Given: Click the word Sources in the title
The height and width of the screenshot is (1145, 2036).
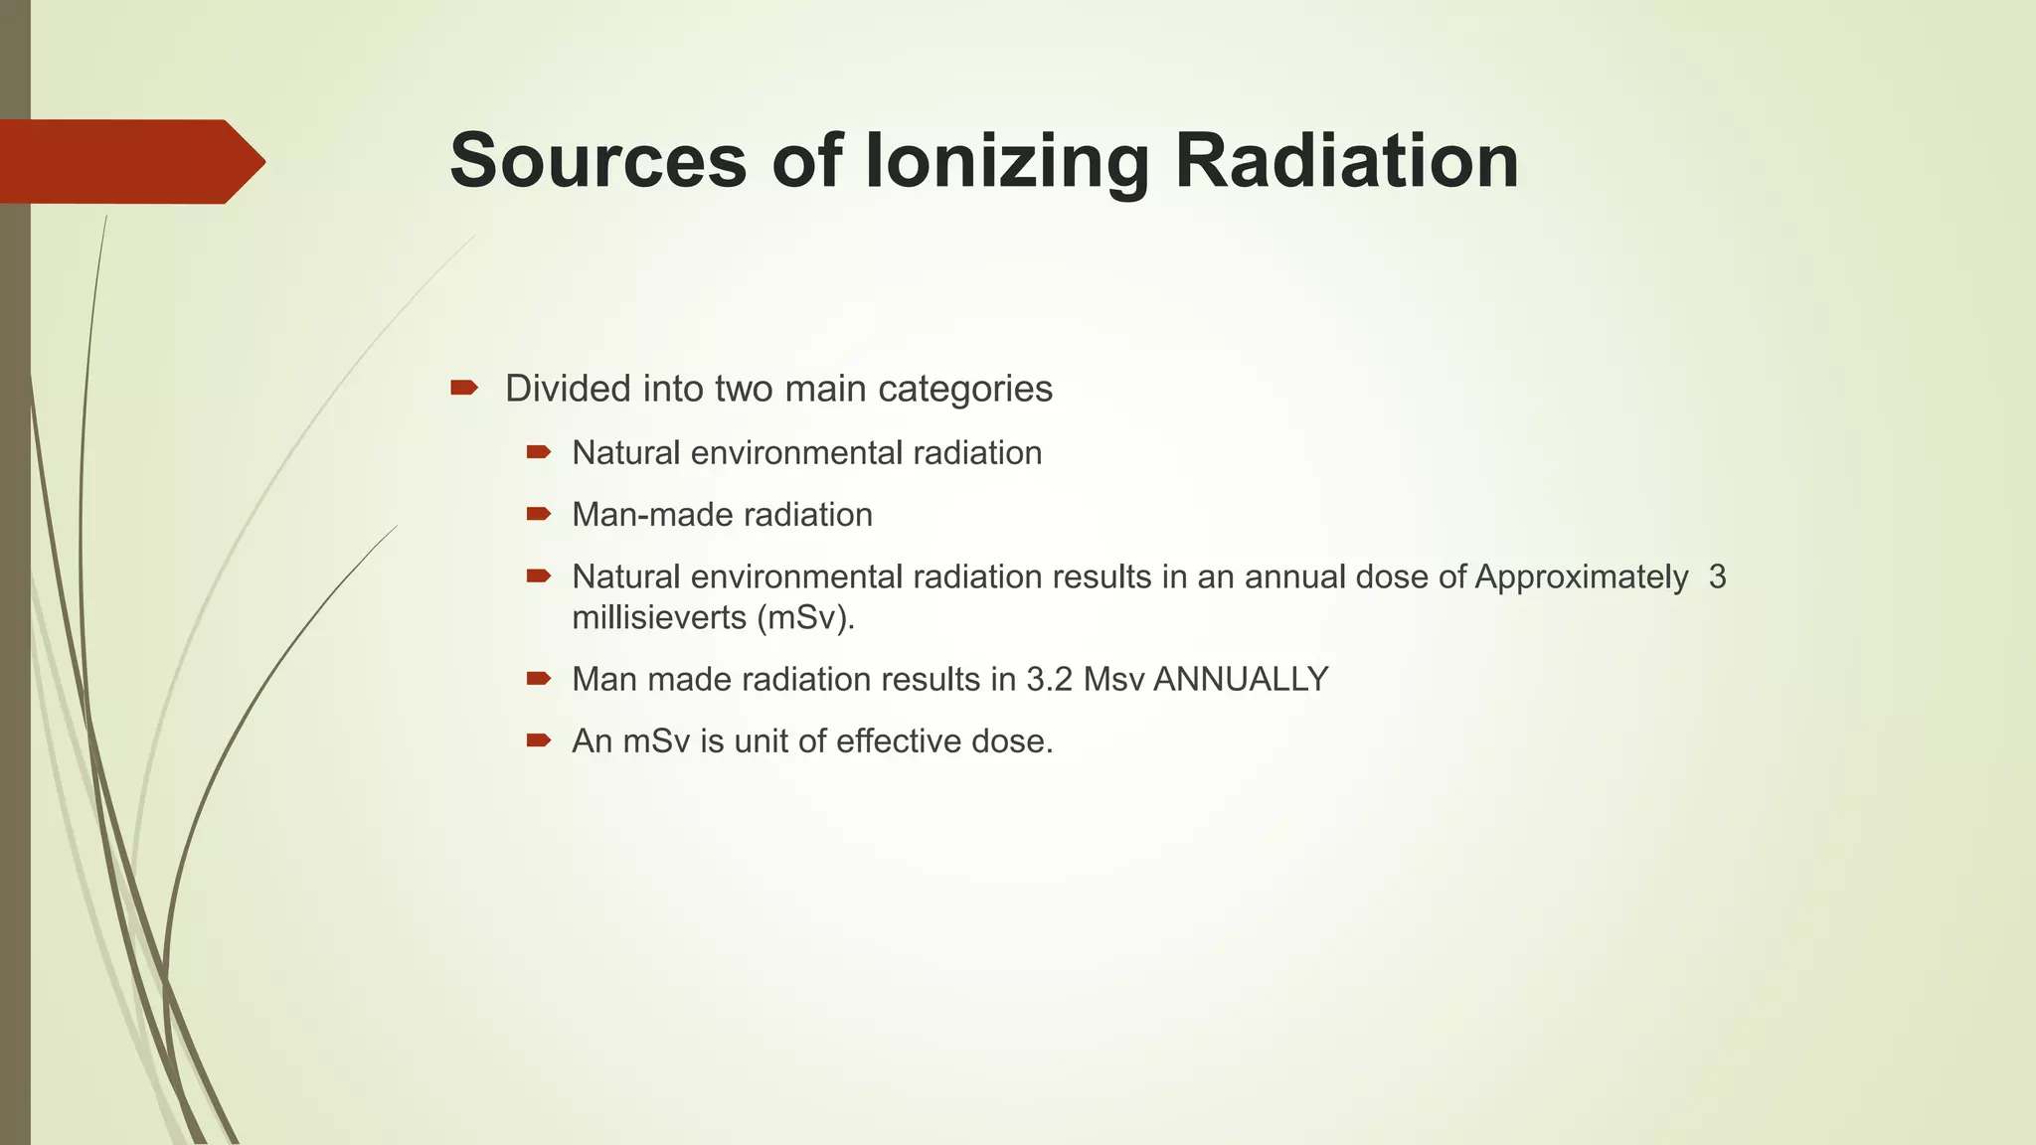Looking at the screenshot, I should click(597, 161).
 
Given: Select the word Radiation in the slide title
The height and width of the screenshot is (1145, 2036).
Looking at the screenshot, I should click(1346, 161).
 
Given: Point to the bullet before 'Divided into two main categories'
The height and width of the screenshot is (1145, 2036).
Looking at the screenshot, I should click(463, 388).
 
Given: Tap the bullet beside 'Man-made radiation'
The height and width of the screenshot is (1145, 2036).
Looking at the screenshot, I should click(538, 514).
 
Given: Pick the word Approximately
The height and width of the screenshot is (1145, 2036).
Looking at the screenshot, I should click(1581, 576).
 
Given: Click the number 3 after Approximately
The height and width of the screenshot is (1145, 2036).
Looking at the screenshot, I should click(1717, 576).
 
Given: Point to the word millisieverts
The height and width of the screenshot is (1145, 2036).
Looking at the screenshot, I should click(659, 618).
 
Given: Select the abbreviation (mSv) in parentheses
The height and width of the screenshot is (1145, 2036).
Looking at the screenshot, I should click(805, 618).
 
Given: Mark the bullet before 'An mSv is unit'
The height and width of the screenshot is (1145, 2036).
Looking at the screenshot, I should click(538, 740).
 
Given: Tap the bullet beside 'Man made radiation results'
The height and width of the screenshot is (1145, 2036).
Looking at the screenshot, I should click(538, 679).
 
